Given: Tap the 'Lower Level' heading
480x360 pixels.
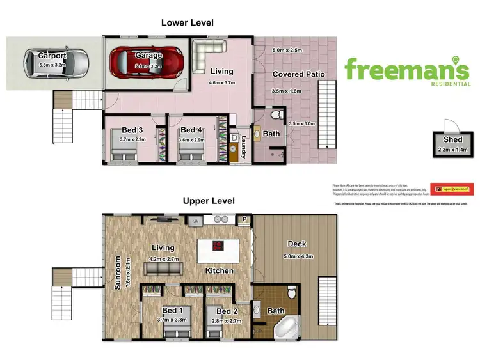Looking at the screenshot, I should [187, 22].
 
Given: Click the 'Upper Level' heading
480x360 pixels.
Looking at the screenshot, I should [209, 201].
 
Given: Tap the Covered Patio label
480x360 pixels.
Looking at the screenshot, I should [298, 74].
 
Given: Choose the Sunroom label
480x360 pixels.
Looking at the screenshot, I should [118, 274].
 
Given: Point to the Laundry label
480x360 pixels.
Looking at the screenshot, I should [244, 150].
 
